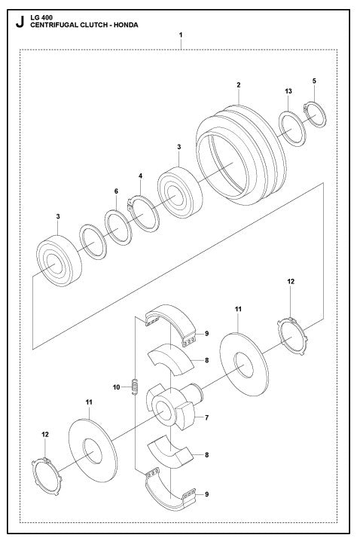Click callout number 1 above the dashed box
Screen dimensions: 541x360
click(x=181, y=35)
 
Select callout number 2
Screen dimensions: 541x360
click(x=238, y=84)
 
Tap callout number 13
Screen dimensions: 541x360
click(x=288, y=90)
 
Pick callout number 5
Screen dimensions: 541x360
click(x=315, y=80)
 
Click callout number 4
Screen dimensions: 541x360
click(x=139, y=176)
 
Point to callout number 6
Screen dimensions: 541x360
click(x=116, y=191)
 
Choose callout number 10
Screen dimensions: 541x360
click(x=117, y=387)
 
